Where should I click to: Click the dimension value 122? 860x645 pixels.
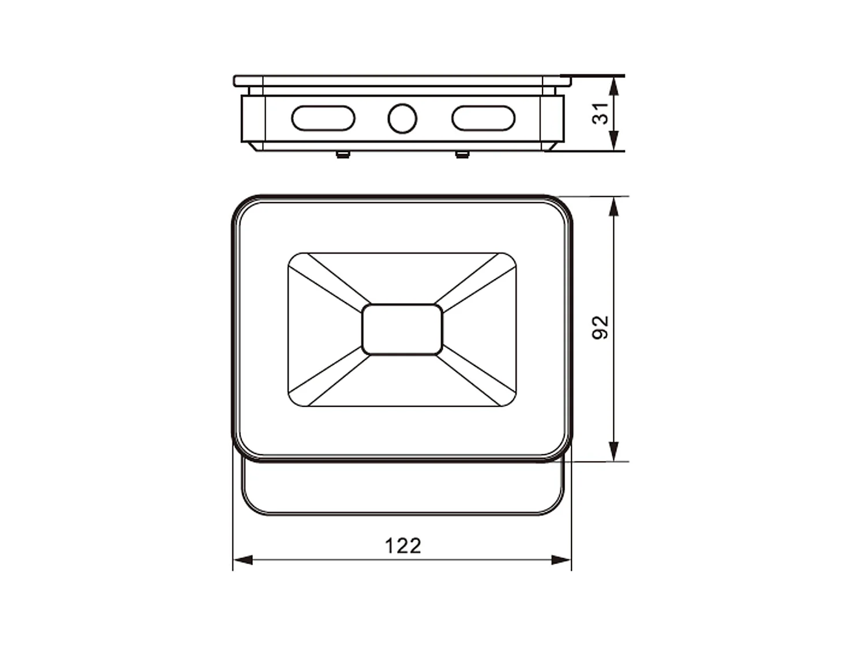[403, 545]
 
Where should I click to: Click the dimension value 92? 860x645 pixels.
[601, 327]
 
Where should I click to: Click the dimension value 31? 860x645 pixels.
[601, 113]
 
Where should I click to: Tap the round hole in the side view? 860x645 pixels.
[402, 118]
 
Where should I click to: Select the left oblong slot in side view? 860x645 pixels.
[323, 118]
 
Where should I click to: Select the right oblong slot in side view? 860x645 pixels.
[483, 118]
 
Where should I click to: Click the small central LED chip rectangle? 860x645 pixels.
[402, 329]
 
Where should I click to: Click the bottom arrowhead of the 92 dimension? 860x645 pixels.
[614, 452]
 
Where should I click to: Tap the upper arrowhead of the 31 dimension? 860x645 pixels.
[614, 85]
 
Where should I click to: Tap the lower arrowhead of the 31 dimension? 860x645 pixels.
[614, 141]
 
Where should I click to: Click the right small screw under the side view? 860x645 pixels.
[462, 154]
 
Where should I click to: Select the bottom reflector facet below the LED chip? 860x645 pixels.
[402, 381]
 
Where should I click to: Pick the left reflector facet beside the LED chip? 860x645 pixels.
[323, 329]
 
